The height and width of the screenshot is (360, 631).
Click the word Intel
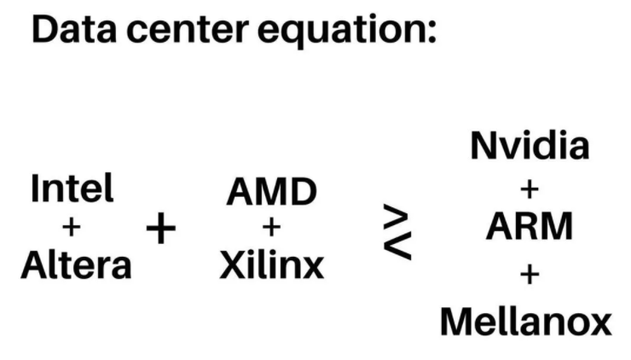tap(72, 189)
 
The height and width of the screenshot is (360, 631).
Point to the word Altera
tap(76, 266)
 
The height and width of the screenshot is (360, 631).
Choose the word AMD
tap(271, 193)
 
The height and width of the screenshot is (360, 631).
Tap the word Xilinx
tap(271, 266)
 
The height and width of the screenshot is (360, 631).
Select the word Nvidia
tap(530, 146)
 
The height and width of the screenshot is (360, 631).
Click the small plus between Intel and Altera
tap(72, 227)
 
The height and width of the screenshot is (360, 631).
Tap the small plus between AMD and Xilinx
tap(271, 227)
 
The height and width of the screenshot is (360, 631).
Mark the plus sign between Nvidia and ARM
tap(530, 186)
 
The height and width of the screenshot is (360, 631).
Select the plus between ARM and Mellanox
tap(530, 275)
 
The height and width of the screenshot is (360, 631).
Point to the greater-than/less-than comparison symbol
tap(397, 232)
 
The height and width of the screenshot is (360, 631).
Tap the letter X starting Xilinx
tap(231, 266)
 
